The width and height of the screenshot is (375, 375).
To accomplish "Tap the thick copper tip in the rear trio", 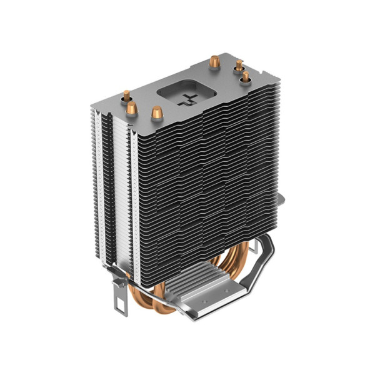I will coord(214,62).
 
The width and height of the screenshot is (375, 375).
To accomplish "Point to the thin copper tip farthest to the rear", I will coord(239,64).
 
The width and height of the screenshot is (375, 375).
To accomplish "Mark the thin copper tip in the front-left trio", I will coord(127,96).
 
